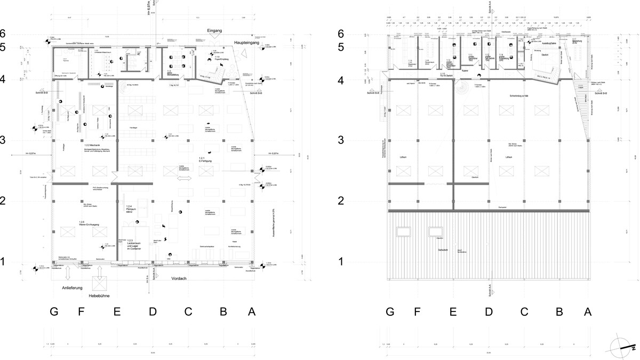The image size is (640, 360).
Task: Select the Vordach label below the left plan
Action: point(181,279)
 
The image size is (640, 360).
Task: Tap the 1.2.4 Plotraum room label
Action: point(129,209)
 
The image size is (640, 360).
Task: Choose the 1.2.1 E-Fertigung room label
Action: point(202,159)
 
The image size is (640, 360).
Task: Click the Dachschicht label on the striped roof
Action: point(442,250)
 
